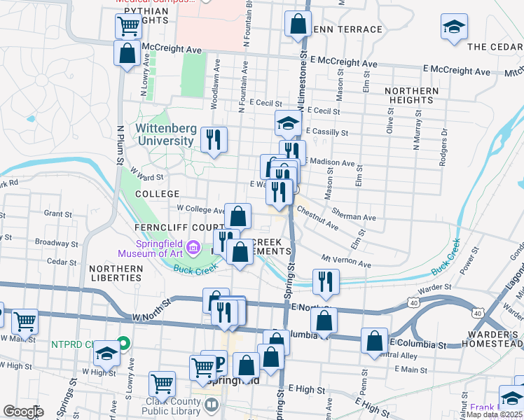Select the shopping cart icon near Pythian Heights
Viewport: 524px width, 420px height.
(x=128, y=27)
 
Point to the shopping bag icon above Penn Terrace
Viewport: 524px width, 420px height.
(x=298, y=23)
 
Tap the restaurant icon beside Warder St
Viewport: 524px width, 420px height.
(x=325, y=281)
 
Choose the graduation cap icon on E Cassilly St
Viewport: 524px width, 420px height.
(x=288, y=123)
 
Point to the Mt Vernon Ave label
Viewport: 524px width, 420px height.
(x=346, y=261)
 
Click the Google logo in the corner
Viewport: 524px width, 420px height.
(x=22, y=412)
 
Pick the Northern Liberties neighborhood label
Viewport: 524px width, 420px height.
(x=116, y=273)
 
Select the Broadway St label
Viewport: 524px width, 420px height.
(x=55, y=242)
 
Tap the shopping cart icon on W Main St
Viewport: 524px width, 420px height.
(x=25, y=321)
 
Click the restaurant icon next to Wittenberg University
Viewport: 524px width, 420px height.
(x=214, y=139)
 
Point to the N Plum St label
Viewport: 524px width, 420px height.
(x=120, y=146)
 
